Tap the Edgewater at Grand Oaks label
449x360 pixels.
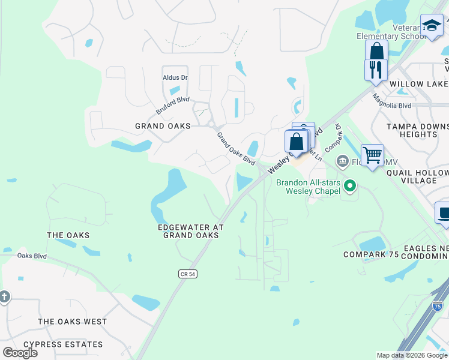[x=190, y=231]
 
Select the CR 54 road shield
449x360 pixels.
[x=188, y=274]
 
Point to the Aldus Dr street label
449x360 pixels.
[x=175, y=77]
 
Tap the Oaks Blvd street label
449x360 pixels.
[x=32, y=256]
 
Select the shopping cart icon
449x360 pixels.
[x=372, y=155]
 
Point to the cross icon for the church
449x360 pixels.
[x=4, y=296]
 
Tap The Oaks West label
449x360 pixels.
[x=72, y=322]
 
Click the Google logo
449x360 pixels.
[x=20, y=352]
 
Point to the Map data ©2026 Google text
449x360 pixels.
[x=412, y=355]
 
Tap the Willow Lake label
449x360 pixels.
[x=418, y=85]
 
